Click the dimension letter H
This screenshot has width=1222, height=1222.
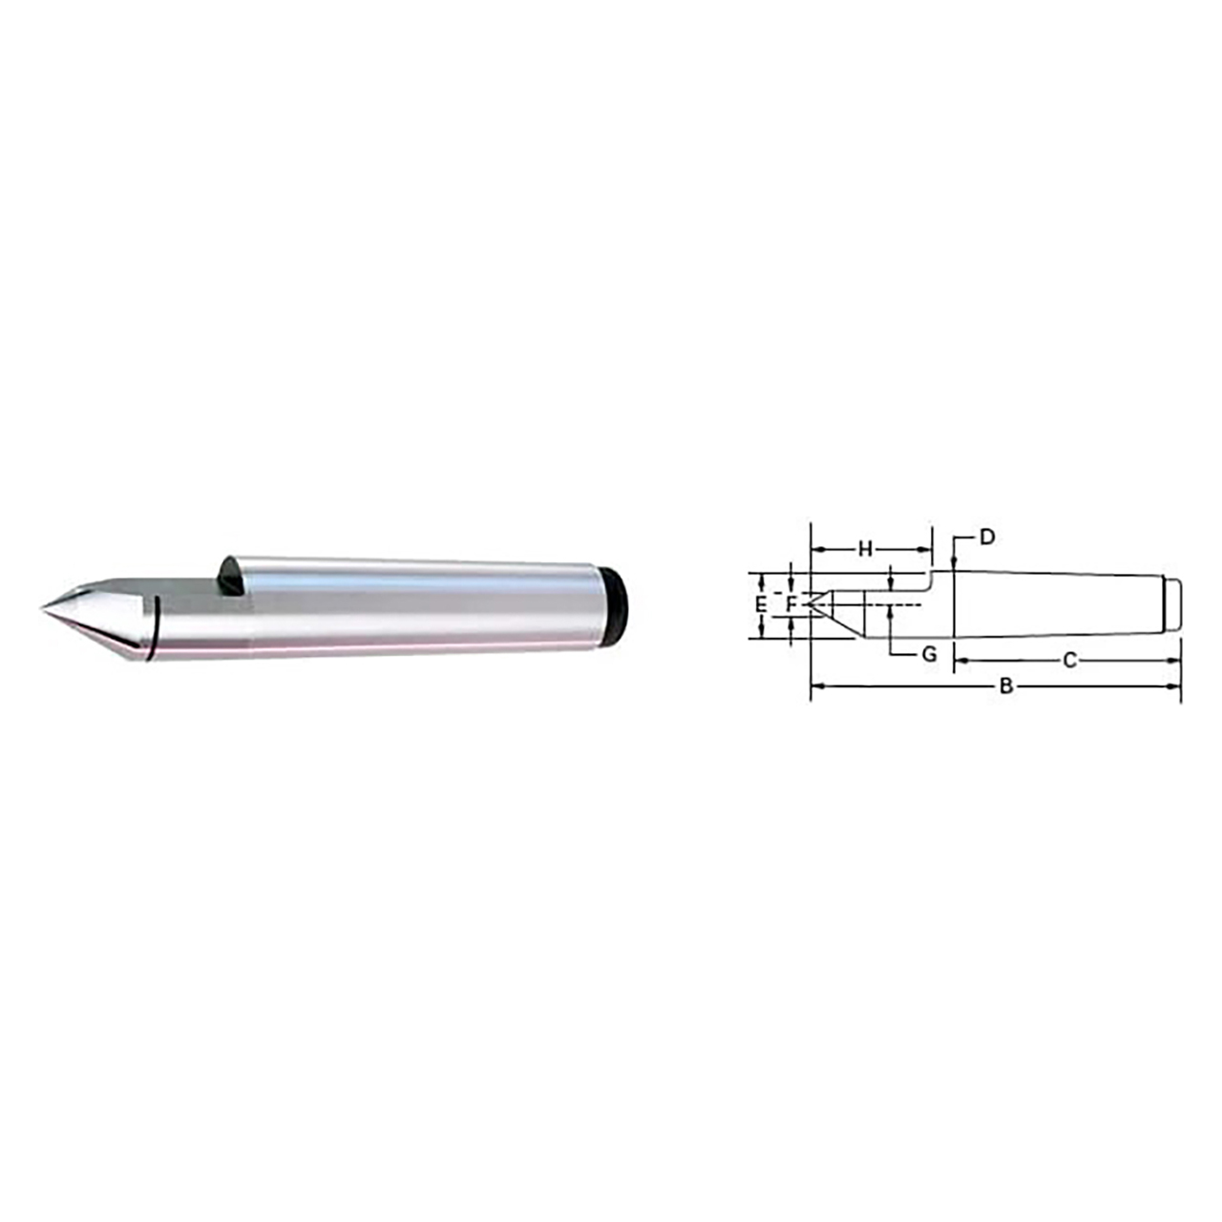coord(865,549)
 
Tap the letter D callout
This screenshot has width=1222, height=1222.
coord(988,537)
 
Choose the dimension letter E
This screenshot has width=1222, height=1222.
coord(761,604)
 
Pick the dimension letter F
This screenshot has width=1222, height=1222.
coord(790,603)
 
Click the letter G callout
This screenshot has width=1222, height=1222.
coord(929,655)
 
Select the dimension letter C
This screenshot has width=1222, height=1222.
coord(1069,660)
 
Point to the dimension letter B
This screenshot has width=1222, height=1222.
coord(1004,685)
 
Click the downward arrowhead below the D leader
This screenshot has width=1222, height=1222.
coord(955,565)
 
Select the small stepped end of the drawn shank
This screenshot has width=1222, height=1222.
coord(1173,603)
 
